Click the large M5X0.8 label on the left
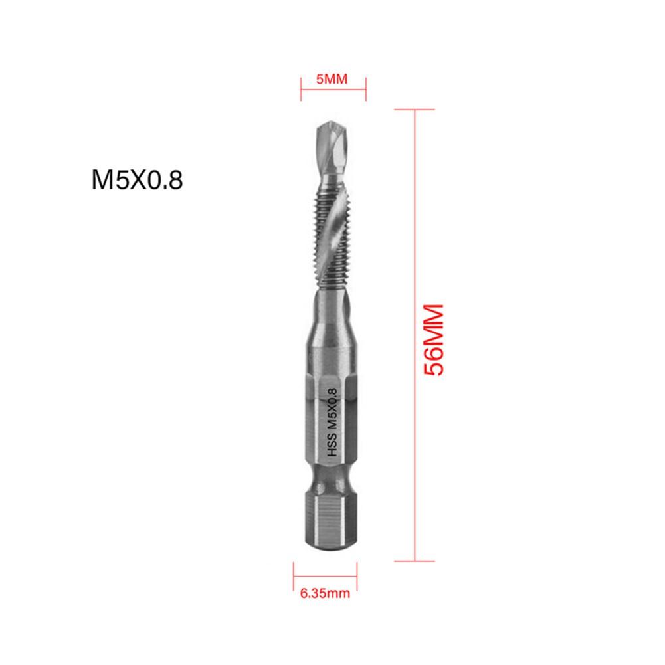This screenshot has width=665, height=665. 136,179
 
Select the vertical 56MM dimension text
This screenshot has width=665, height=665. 432,340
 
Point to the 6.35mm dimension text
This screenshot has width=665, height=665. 325,593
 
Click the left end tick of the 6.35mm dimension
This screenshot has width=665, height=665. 294,571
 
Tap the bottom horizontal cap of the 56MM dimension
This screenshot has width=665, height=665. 415,561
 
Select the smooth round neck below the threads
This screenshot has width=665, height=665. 330,312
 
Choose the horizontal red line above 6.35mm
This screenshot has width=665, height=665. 326,571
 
